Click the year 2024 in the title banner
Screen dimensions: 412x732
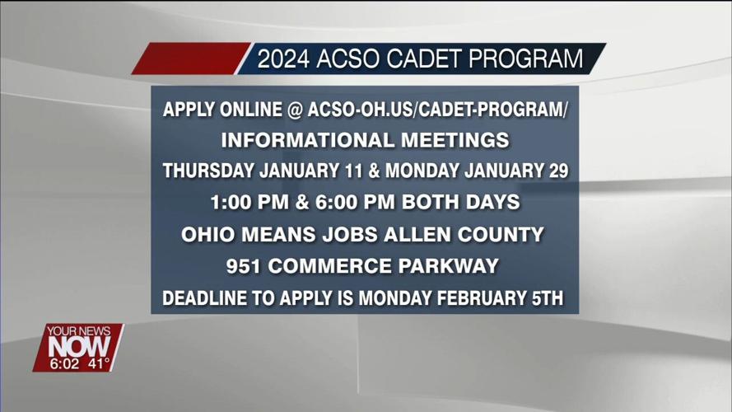tap(282, 59)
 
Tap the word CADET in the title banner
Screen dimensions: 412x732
tap(427, 59)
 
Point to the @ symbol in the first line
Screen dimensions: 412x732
tap(295, 110)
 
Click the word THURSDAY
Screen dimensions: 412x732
tap(208, 171)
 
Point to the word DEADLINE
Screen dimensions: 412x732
tap(203, 297)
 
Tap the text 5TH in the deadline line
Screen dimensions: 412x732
tap(544, 297)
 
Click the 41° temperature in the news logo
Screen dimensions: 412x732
tap(98, 363)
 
